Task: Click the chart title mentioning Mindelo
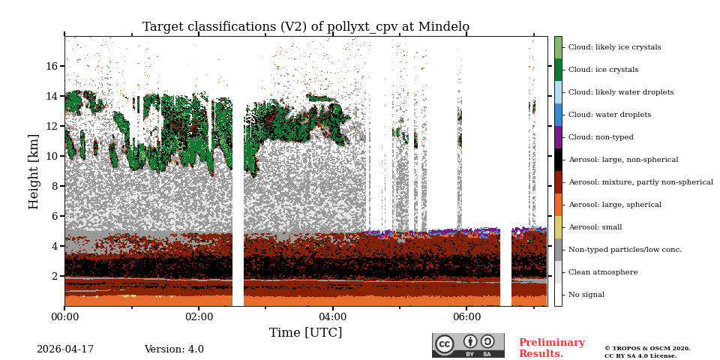(306, 27)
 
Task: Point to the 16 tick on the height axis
(52, 66)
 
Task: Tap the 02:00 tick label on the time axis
(199, 317)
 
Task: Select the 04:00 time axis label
(333, 317)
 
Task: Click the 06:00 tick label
(466, 317)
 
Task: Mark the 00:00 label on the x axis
(64, 317)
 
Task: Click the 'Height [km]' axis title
(34, 171)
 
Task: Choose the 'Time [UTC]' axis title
(305, 333)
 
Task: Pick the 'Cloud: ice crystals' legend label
(603, 70)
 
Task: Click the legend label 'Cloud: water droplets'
(610, 115)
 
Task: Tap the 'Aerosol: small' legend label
(595, 227)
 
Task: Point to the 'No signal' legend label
(586, 295)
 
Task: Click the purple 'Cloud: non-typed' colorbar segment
(558, 137)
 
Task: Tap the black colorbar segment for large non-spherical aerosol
(558, 160)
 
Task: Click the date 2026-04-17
(65, 349)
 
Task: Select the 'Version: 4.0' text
(174, 349)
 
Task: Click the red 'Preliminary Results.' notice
(551, 348)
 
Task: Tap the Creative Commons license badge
(468, 345)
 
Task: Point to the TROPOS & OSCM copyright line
(647, 348)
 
